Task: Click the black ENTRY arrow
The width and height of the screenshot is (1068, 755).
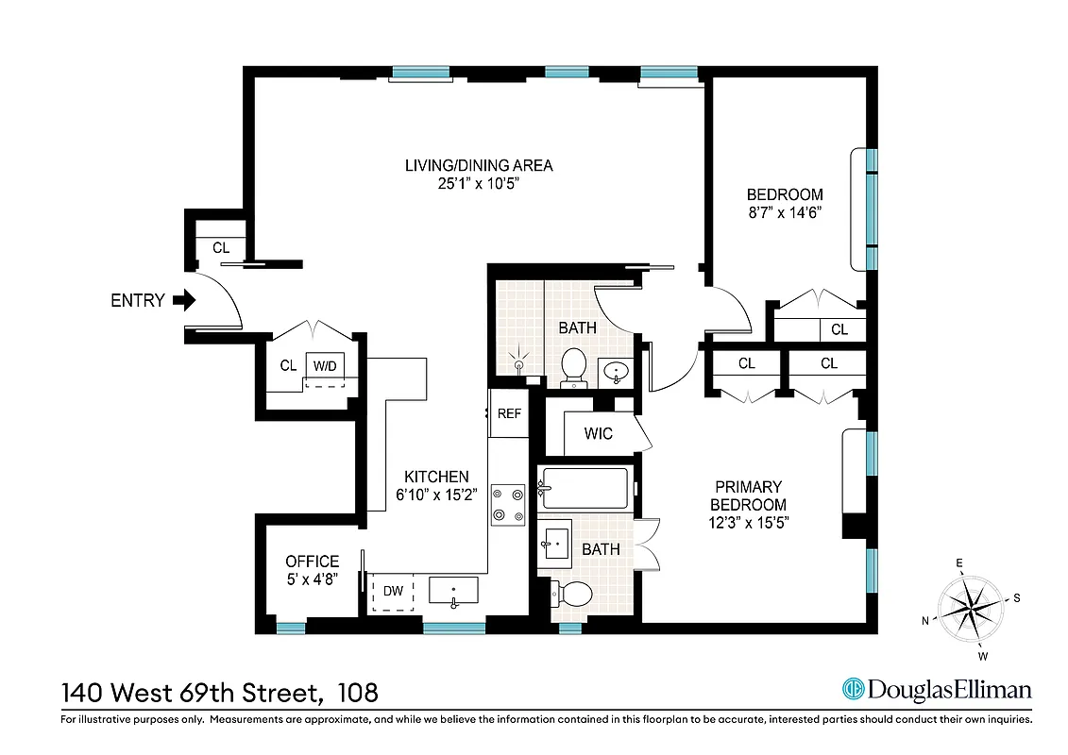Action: tap(185, 301)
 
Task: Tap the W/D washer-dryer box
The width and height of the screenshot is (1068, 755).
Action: tap(324, 366)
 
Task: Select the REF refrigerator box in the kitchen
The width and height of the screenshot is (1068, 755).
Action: tap(509, 413)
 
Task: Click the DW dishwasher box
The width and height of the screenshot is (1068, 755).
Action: tap(393, 592)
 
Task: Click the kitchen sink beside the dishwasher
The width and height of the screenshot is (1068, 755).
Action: tap(454, 591)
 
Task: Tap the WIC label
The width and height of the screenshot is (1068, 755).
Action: tap(599, 434)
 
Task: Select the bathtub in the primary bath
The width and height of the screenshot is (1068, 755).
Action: tap(585, 488)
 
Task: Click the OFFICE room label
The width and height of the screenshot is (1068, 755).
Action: tap(312, 562)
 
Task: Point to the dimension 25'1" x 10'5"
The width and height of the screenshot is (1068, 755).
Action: tap(478, 184)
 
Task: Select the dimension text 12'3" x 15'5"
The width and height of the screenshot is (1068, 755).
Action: tap(748, 523)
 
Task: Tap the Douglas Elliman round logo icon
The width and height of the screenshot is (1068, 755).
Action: tap(854, 689)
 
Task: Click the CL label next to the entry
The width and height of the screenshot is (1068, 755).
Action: tap(221, 248)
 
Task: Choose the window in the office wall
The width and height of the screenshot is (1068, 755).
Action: tap(291, 627)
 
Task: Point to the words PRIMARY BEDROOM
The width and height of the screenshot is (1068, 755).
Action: tap(748, 495)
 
